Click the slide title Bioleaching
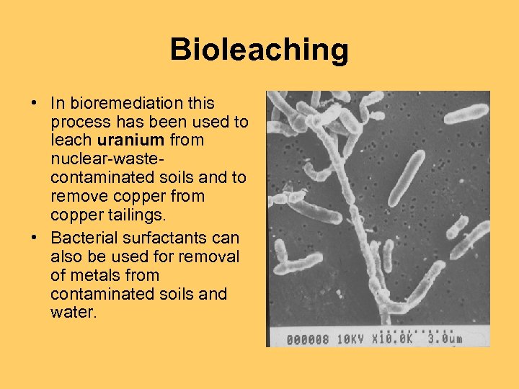259,50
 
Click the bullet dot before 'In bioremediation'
35,104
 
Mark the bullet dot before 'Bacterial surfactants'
35,238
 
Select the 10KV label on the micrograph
353,339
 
